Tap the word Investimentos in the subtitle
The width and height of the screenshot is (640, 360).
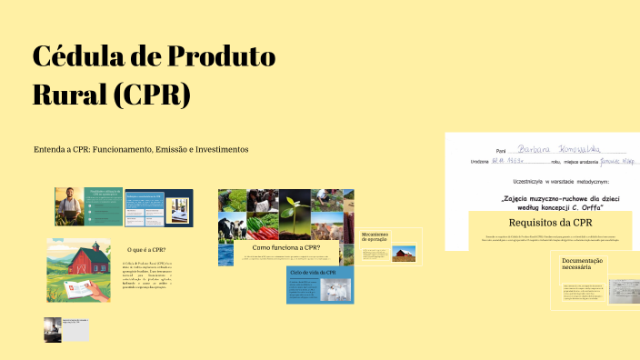coord(214,149)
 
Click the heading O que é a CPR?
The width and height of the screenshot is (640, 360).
coord(146,249)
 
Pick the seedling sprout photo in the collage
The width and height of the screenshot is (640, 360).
coord(294,206)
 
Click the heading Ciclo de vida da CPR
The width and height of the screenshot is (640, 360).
coord(314,272)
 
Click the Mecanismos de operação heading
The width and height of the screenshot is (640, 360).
coord(375,237)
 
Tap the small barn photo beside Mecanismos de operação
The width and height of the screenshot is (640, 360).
coord(404,254)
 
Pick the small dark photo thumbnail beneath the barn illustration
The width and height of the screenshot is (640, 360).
coord(54,328)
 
